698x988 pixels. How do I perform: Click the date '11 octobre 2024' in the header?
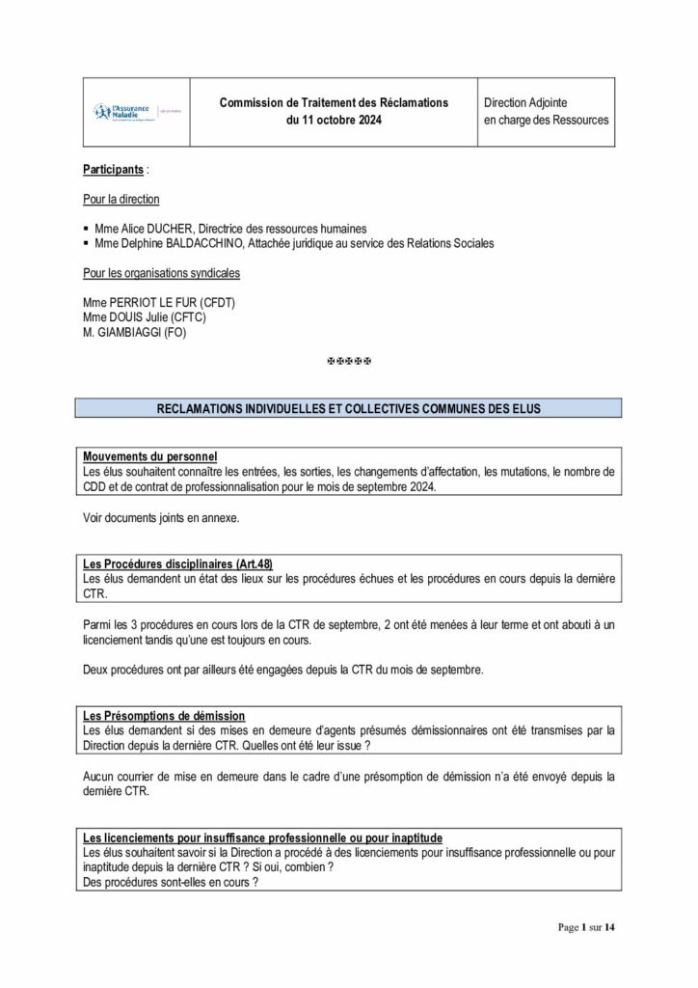334,121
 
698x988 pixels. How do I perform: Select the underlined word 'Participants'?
113,169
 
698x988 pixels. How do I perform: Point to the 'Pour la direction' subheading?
121,199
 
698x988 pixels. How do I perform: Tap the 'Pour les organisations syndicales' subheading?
161,273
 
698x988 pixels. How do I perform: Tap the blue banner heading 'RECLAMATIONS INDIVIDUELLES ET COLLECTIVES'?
348,408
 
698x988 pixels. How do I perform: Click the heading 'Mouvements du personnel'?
149,455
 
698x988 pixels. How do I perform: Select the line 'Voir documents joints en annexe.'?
161,518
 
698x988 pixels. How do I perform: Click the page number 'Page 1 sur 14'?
586,927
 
